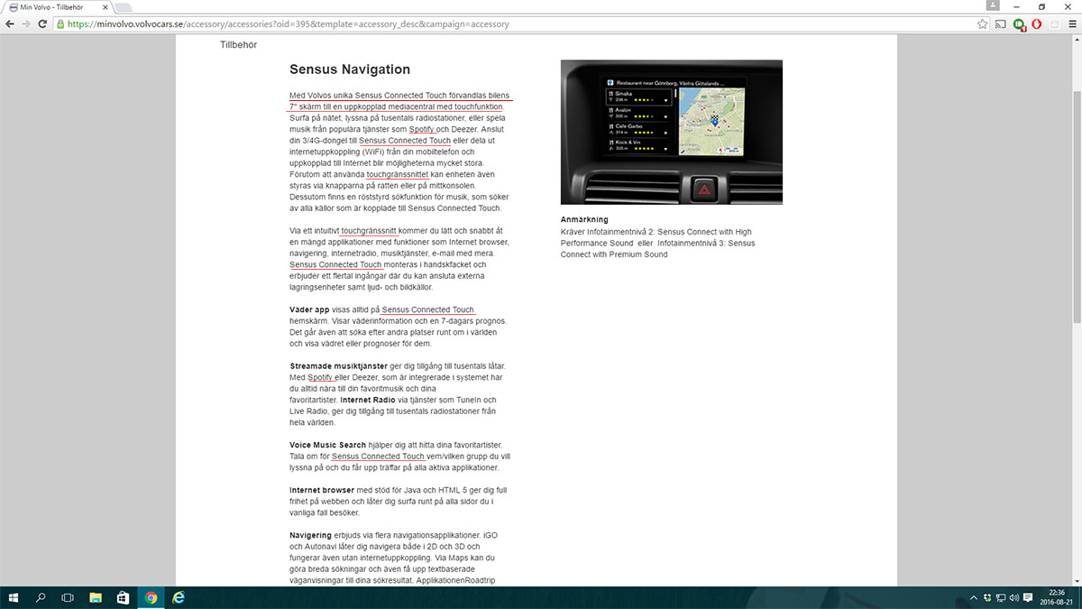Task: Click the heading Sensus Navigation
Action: click(x=350, y=69)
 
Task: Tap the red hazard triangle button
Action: click(x=702, y=189)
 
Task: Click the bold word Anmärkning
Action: click(x=584, y=219)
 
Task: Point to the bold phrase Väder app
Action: click(x=309, y=309)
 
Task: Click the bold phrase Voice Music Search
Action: click(x=327, y=445)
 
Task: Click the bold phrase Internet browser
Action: click(x=322, y=490)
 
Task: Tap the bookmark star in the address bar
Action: click(x=982, y=24)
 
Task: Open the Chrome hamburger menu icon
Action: click(x=1071, y=24)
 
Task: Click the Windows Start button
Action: click(x=14, y=597)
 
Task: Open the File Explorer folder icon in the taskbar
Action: click(x=96, y=597)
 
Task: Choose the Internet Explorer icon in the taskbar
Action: click(x=179, y=597)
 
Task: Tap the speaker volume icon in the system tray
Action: click(x=1013, y=597)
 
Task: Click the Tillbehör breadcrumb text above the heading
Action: click(x=239, y=44)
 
